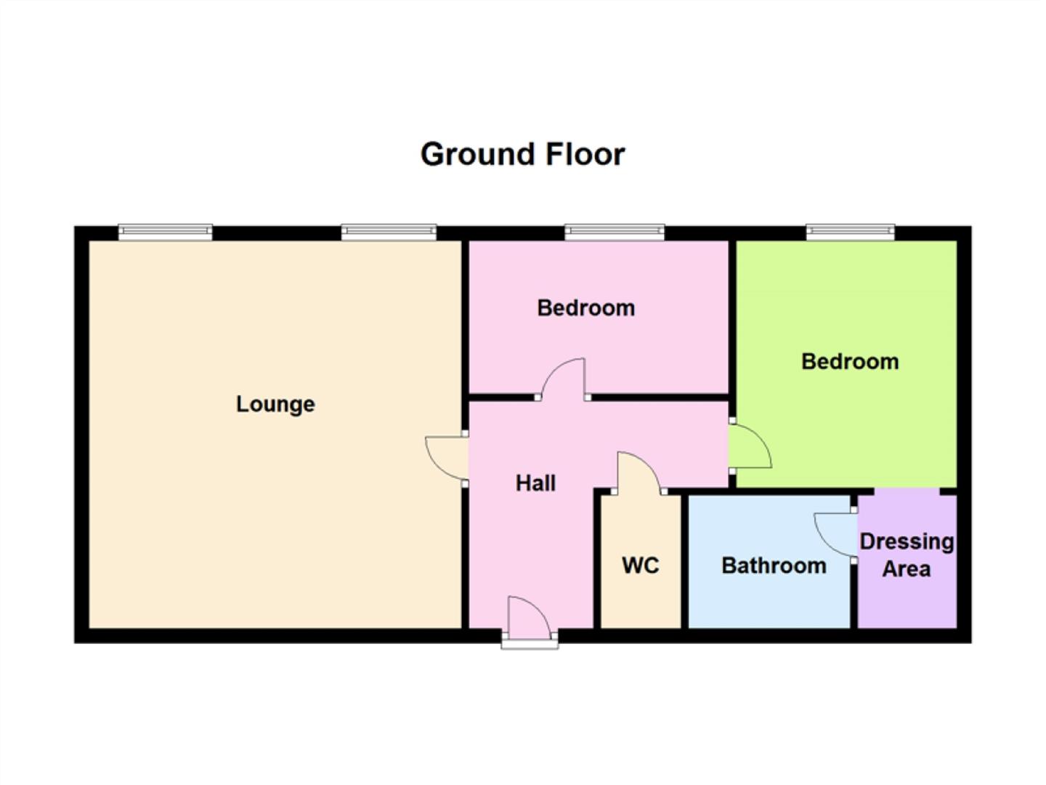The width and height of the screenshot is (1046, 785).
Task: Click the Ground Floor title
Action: (x=522, y=154)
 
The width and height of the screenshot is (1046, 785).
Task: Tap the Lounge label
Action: (x=275, y=404)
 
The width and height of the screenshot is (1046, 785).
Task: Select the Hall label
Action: (x=535, y=483)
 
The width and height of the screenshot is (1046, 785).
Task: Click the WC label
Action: (x=640, y=565)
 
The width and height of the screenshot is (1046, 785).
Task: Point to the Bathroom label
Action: (x=774, y=565)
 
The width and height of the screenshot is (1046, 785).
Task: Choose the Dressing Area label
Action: (x=907, y=555)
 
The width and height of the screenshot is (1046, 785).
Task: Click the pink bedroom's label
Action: (x=585, y=308)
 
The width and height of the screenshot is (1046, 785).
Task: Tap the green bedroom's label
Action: (x=850, y=361)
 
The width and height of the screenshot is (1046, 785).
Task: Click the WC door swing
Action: (x=638, y=472)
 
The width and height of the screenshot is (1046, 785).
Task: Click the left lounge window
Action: (x=166, y=233)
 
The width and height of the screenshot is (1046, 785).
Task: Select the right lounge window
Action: (x=389, y=233)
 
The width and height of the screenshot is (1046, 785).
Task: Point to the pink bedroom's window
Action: (x=615, y=233)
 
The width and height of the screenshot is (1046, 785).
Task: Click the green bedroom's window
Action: (x=850, y=233)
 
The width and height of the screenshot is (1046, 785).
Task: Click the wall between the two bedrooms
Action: (x=732, y=327)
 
